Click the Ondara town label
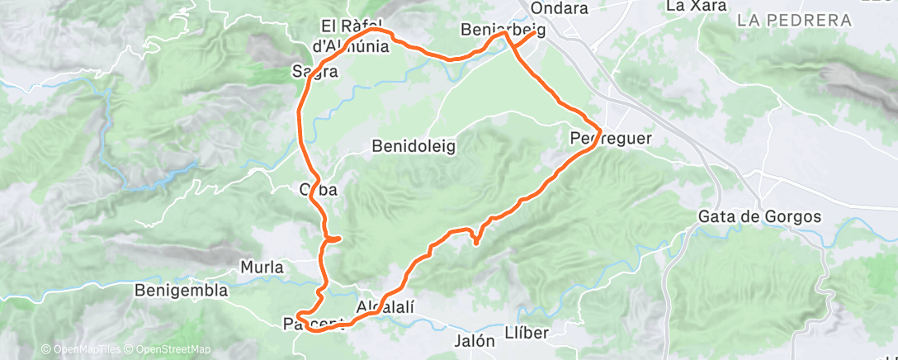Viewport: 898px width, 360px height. (x=560, y=8)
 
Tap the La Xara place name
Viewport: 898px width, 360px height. (x=696, y=6)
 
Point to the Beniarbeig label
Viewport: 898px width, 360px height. (x=503, y=31)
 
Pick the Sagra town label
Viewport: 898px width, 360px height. (x=314, y=72)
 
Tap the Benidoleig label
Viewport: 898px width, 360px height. (x=414, y=146)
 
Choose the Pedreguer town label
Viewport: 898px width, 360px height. (x=611, y=140)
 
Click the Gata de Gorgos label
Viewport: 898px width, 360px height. (x=759, y=217)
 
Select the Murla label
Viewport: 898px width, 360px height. (x=261, y=268)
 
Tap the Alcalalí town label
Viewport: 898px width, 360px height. (x=385, y=307)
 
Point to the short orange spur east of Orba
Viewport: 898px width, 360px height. (x=335, y=239)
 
